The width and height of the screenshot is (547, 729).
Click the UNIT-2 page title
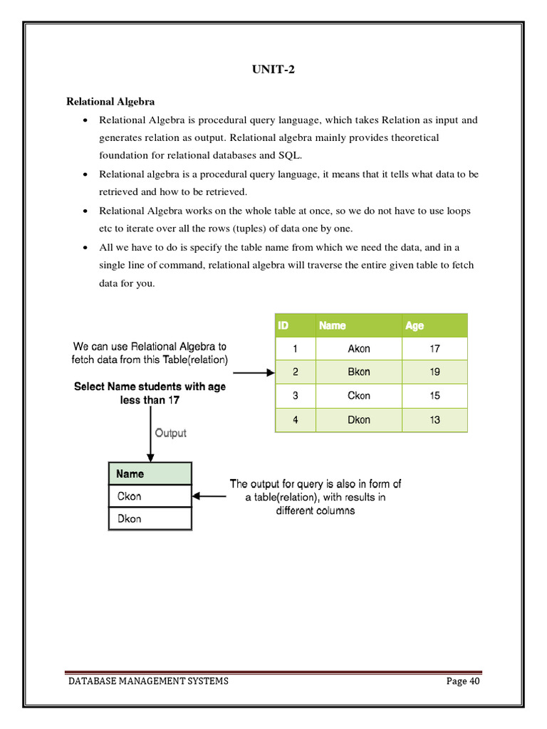click(273, 69)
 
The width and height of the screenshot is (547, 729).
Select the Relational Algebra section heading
click(110, 102)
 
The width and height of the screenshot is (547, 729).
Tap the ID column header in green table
click(283, 325)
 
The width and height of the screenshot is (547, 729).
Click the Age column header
click(415, 325)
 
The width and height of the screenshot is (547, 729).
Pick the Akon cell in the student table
click(359, 349)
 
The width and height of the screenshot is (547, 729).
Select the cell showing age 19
click(434, 372)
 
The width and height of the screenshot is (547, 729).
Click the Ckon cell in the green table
click(359, 396)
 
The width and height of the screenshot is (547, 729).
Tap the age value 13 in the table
click(434, 420)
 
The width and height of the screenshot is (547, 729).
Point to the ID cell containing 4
click(295, 420)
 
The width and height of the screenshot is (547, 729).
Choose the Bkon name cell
click(359, 372)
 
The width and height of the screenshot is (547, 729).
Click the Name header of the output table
click(130, 473)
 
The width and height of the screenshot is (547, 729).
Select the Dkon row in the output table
click(130, 519)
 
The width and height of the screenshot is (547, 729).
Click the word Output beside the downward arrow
click(170, 433)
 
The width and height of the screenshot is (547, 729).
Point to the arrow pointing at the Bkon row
click(254, 372)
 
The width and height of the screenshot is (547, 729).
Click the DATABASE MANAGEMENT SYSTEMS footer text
click(149, 681)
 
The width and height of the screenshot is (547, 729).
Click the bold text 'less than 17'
click(150, 400)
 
